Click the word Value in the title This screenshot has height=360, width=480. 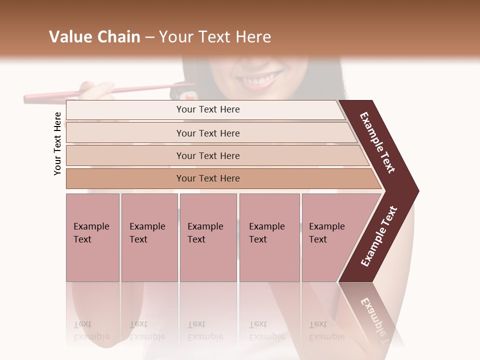(x=69, y=37)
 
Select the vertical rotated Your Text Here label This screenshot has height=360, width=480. (x=58, y=143)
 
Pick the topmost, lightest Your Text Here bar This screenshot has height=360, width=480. (x=207, y=109)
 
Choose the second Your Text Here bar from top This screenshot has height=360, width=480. (x=207, y=133)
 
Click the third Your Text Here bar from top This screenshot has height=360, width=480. (x=207, y=155)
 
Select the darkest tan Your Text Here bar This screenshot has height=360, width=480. (x=207, y=178)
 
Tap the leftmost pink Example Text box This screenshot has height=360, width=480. (x=92, y=237)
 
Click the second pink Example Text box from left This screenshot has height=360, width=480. (x=149, y=237)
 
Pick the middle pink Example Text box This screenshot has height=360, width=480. (x=208, y=237)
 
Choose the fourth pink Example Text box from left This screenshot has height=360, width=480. (x=269, y=237)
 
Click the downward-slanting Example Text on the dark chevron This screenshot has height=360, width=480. (x=378, y=143)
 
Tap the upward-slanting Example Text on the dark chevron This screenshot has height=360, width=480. (x=379, y=236)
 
